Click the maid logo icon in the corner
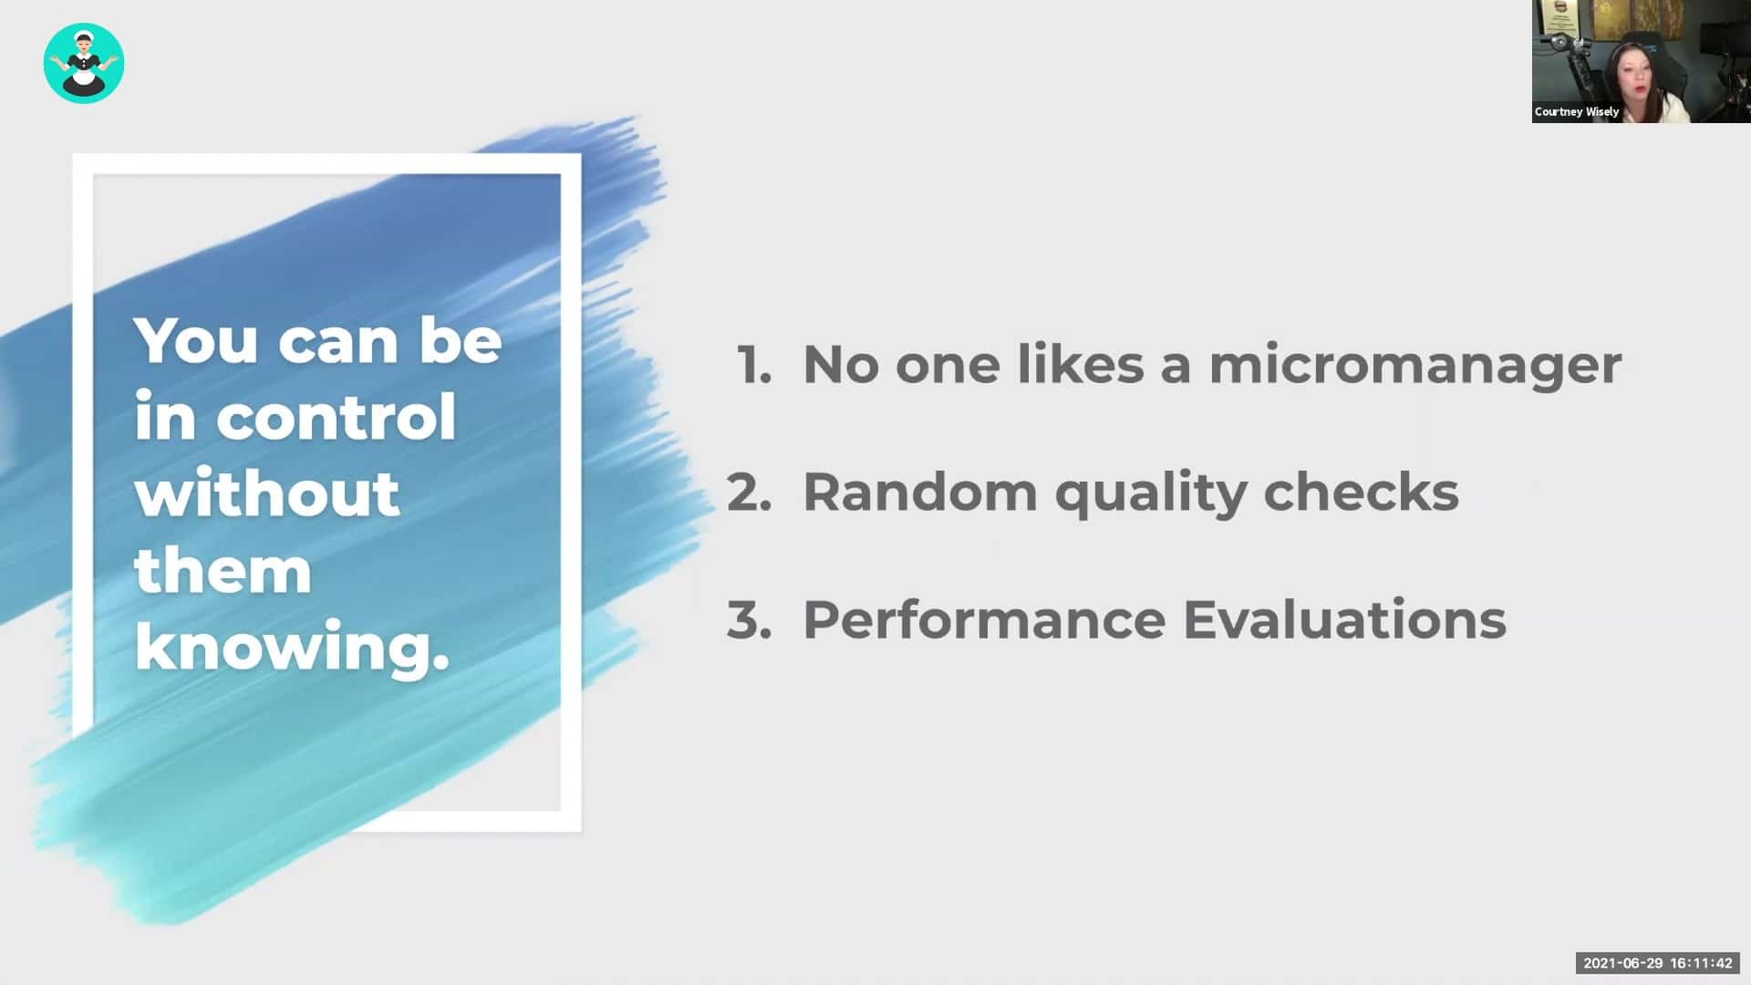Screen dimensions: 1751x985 point(84,63)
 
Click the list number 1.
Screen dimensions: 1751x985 point(754,365)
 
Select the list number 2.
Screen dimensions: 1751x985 point(750,493)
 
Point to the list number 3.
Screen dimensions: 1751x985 point(750,620)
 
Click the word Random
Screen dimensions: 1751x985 point(920,493)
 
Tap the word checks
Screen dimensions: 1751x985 point(1362,493)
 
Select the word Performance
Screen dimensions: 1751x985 point(984,620)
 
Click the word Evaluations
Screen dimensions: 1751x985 point(1345,620)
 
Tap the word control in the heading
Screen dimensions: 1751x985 point(336,418)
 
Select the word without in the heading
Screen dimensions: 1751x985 point(267,493)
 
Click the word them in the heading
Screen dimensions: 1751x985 point(223,571)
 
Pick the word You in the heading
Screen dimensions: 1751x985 point(196,340)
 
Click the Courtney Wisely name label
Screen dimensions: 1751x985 point(1577,111)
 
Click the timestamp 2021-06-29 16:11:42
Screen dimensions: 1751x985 point(1658,963)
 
